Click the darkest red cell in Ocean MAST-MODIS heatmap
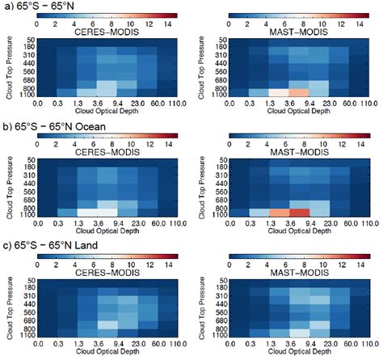(x=300, y=212)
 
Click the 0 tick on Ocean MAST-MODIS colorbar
(x=229, y=139)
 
